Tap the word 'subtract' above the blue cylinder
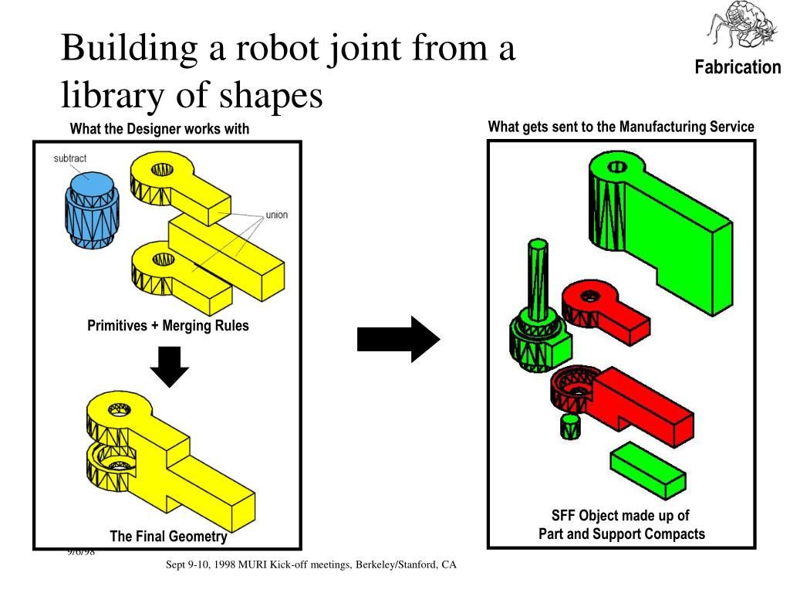tap(70, 158)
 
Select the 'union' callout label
tap(276, 214)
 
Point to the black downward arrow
tap(168, 366)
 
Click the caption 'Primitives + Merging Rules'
tap(168, 326)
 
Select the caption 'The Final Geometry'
tap(168, 537)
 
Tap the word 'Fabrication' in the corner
tap(738, 67)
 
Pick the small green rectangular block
tap(648, 469)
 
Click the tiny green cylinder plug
tap(569, 425)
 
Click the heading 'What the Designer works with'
tap(160, 129)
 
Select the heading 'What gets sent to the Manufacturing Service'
tap(621, 127)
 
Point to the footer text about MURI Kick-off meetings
tap(312, 565)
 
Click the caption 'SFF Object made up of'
tap(620, 516)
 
